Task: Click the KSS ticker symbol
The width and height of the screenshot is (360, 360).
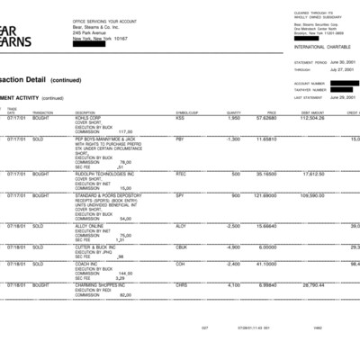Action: pyautogui.click(x=180, y=117)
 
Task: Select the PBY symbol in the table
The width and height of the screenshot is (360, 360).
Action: pyautogui.click(x=180, y=139)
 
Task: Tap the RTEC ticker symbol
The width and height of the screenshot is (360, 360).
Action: pyautogui.click(x=181, y=173)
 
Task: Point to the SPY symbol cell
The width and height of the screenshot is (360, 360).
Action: pyautogui.click(x=180, y=195)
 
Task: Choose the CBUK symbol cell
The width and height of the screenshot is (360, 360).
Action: pyautogui.click(x=182, y=247)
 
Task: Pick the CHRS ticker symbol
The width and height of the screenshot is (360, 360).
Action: pyautogui.click(x=182, y=283)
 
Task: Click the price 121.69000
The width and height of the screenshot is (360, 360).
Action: pyautogui.click(x=265, y=195)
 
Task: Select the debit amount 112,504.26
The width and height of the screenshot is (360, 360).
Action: pyautogui.click(x=311, y=117)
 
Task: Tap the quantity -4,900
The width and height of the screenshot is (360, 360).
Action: pyautogui.click(x=232, y=247)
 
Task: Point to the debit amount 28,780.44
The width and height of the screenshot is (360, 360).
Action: pyautogui.click(x=311, y=283)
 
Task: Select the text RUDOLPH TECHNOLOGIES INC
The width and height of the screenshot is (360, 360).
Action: pyautogui.click(x=104, y=173)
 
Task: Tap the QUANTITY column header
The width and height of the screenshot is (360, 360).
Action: pyautogui.click(x=234, y=112)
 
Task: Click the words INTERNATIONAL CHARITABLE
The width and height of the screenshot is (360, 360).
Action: pyautogui.click(x=319, y=46)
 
